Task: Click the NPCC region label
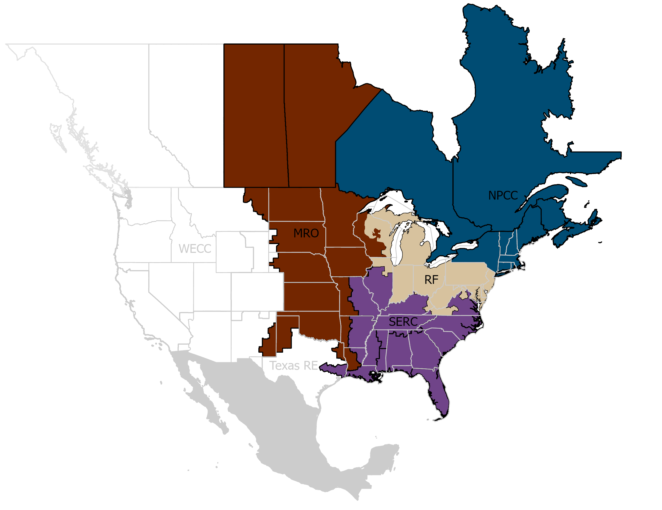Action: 503,195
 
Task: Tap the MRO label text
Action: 306,233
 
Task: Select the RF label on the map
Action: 431,280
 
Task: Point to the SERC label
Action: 403,322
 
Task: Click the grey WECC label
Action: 195,249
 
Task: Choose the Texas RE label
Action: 293,365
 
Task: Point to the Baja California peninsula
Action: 200,391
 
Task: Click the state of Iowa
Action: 346,260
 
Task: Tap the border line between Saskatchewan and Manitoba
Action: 286,115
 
